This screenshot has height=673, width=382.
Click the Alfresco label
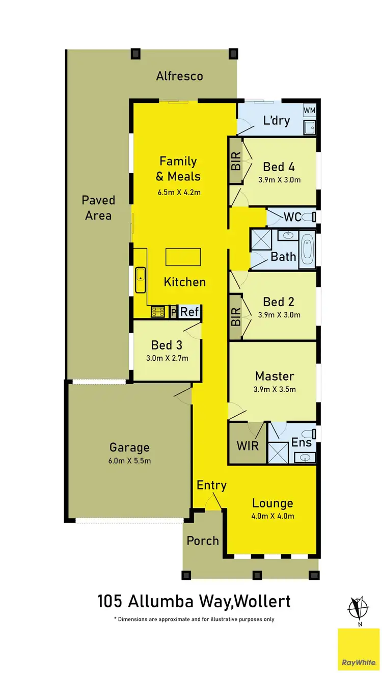[179, 76]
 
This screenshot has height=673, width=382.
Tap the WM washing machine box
[309, 110]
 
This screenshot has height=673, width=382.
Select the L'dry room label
[276, 121]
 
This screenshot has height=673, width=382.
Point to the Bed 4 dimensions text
[279, 180]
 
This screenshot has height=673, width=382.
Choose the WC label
[292, 217]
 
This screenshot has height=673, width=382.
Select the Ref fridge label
[189, 312]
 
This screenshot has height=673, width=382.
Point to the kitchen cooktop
[157, 311]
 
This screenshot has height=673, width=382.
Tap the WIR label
[248, 446]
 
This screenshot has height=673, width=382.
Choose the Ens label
[301, 442]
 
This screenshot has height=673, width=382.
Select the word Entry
[211, 485]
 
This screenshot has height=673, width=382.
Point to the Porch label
[203, 541]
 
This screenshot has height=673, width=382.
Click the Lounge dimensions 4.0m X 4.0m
[273, 516]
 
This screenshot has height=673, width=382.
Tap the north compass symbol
[358, 608]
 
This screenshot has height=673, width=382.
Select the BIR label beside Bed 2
[235, 317]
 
